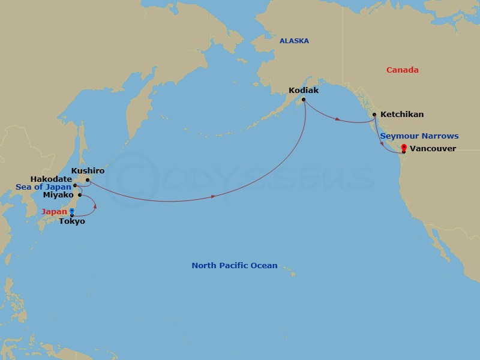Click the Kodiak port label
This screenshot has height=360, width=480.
click(303, 91)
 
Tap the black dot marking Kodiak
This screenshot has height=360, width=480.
click(304, 100)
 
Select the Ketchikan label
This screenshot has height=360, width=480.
click(401, 114)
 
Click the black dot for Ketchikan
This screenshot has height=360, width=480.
click(375, 115)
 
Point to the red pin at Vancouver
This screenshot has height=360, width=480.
click(404, 148)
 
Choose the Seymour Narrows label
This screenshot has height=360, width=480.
click(419, 136)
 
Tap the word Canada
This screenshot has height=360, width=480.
click(402, 70)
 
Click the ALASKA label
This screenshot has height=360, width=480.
click(294, 41)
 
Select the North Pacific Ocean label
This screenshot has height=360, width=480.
click(234, 265)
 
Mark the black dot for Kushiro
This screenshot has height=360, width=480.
click(88, 180)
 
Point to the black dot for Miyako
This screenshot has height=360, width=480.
click(79, 195)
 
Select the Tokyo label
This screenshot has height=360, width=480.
click(72, 221)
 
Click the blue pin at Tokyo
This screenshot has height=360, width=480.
click(72, 211)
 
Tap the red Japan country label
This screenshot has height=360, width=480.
click(54, 212)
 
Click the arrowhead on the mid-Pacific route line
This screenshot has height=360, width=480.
click(214, 196)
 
